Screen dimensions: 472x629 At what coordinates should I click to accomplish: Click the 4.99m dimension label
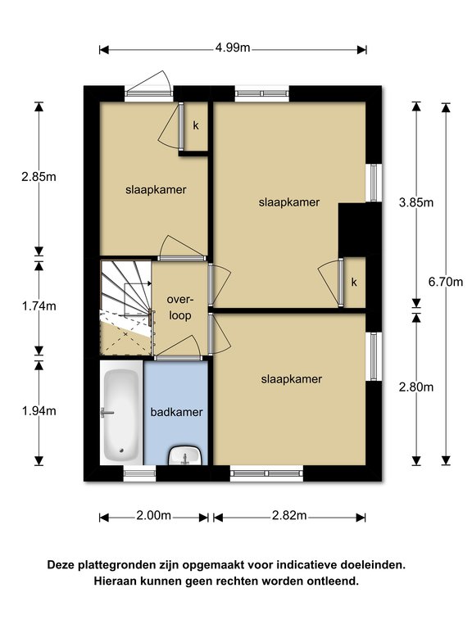click(233, 48)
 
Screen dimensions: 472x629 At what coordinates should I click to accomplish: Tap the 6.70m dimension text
click(446, 282)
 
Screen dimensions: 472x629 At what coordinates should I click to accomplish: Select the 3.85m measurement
click(416, 202)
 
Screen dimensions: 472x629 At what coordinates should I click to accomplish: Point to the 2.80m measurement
click(416, 387)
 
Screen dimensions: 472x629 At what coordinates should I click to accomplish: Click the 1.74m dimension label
click(39, 306)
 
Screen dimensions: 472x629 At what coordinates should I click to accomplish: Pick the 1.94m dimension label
click(39, 411)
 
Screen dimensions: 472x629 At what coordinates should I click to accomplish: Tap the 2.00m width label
click(154, 515)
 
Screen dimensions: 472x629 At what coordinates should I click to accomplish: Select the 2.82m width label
click(289, 515)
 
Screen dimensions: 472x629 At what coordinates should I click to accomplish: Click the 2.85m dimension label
click(39, 177)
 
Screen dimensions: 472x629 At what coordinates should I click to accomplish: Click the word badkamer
click(177, 412)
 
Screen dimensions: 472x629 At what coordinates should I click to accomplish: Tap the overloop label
click(180, 308)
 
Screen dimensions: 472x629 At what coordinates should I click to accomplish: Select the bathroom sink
click(185, 455)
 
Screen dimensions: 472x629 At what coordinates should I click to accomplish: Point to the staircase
click(125, 308)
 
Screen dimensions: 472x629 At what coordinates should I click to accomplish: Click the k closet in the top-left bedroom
click(196, 126)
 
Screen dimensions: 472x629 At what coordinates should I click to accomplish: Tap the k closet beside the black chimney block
click(354, 283)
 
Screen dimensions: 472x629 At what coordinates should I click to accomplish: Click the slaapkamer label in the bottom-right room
click(292, 379)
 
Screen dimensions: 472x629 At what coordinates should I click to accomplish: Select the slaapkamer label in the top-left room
click(156, 190)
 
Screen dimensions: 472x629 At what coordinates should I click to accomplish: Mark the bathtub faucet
click(107, 413)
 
